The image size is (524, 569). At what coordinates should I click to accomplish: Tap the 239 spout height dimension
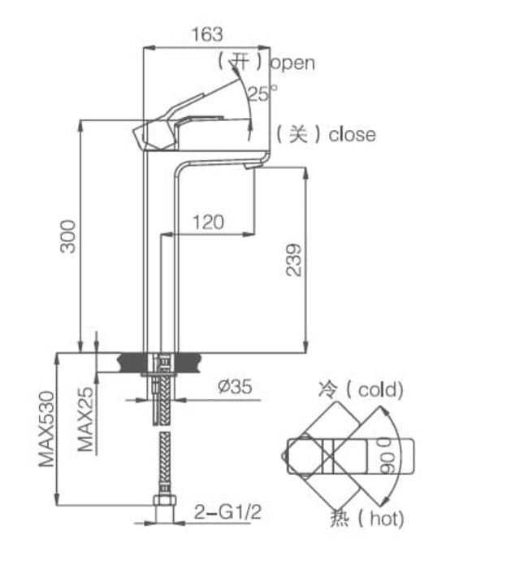[293, 259]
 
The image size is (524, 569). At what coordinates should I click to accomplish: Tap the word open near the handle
[292, 63]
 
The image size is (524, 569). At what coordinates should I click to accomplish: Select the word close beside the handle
[352, 134]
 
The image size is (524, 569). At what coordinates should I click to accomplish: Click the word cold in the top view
[374, 390]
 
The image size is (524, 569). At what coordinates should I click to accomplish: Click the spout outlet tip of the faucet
[252, 167]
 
